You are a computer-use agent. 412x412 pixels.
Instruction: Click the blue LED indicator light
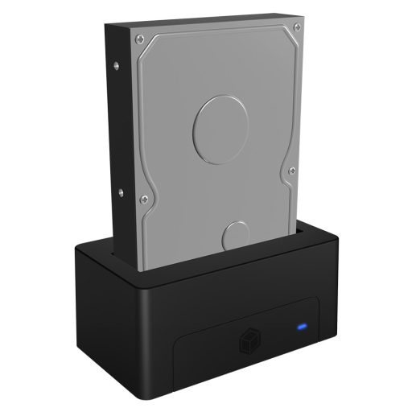(x=302, y=328)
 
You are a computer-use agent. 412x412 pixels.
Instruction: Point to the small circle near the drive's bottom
(x=237, y=238)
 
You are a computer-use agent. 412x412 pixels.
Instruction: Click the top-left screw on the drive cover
(x=142, y=36)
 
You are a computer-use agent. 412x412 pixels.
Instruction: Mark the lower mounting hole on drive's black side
(x=120, y=191)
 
